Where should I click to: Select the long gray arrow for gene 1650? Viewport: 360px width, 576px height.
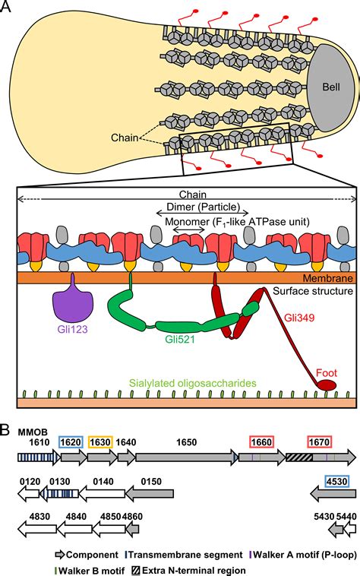coord(186,457)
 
